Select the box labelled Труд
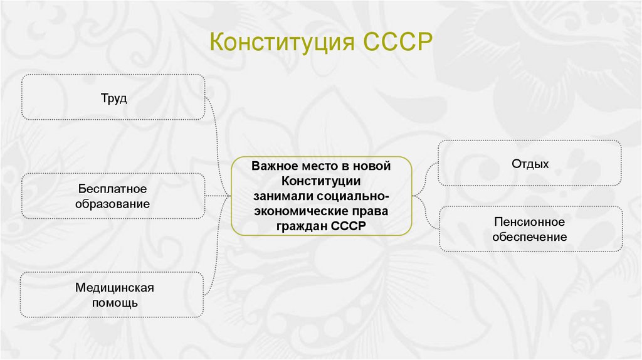pos(113,97)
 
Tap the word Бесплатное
pos(113,189)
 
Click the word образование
pos(113,204)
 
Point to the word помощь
pos(114,303)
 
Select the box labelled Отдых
pos(530,164)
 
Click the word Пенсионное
pos(529,222)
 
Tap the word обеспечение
pos(529,237)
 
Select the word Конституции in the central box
pos(320,181)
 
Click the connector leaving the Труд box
pos(216,119)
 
